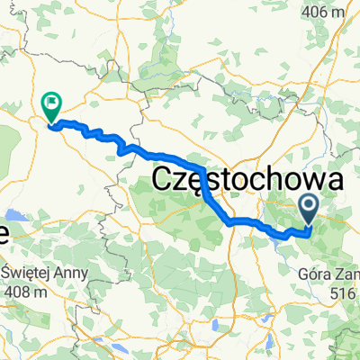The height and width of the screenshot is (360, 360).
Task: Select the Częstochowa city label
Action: (248, 179)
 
